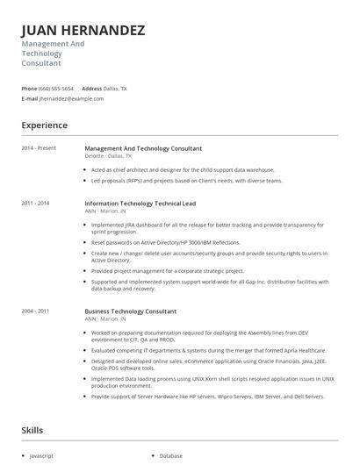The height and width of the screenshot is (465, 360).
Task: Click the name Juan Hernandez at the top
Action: click(83, 31)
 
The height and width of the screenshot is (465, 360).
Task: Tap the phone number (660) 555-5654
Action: click(56, 89)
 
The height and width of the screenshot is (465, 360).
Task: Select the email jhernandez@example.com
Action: click(72, 99)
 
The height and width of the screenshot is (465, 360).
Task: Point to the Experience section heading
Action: click(44, 125)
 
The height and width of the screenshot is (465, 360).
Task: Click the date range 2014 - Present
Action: click(39, 148)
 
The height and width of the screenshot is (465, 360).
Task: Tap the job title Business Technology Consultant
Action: click(131, 311)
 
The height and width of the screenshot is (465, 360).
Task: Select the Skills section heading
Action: click(32, 430)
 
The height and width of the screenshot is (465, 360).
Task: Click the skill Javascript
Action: click(42, 456)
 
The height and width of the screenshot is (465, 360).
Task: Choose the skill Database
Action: click(171, 456)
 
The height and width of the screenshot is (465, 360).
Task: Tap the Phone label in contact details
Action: click(29, 89)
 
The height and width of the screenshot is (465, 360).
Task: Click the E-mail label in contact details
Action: click(30, 99)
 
